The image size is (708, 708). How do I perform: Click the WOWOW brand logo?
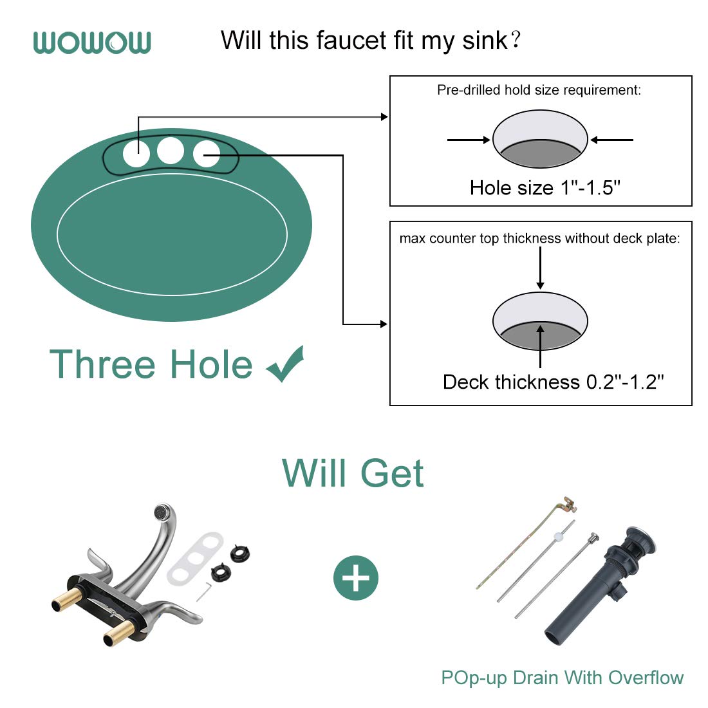pos(92,42)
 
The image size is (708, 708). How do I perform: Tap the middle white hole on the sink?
pos(171,151)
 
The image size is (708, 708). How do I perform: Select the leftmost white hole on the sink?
pos(136,154)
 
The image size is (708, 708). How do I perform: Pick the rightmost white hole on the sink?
pos(207,154)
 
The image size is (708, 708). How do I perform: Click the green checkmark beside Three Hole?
pos(285,364)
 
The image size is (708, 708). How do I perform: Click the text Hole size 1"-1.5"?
pos(545,188)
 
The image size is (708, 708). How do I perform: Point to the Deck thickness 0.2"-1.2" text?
pos(553,382)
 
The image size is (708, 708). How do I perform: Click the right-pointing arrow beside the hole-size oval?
pos(469,140)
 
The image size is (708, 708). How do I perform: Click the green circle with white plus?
pos(356,577)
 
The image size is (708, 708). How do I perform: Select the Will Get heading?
pos(353,474)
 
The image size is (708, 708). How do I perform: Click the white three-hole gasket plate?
pos(195,559)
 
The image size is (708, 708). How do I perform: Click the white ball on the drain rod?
pos(558,536)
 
